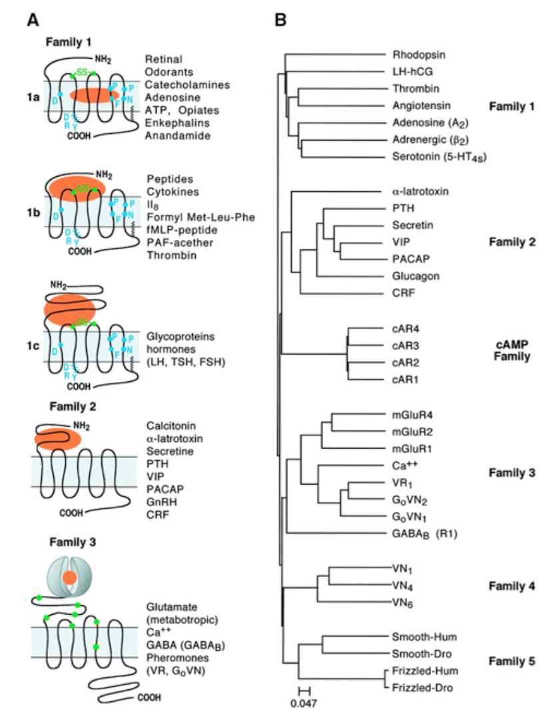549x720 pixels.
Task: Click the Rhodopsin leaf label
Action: click(413, 55)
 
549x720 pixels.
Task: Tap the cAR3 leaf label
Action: click(404, 345)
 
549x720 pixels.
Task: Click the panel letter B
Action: click(280, 21)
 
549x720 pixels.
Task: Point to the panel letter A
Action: click(31, 21)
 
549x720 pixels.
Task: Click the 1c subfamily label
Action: click(25, 346)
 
